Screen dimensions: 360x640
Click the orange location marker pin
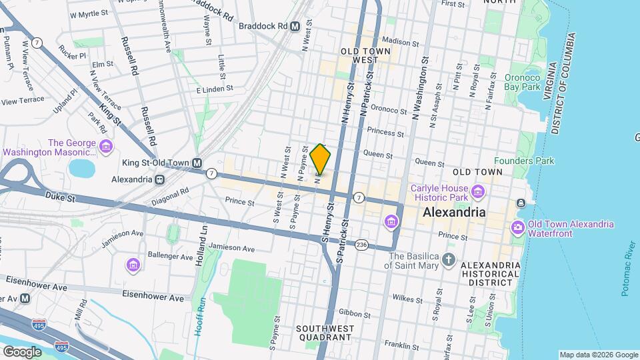pos(321,159)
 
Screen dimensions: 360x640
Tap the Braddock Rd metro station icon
pos(295,26)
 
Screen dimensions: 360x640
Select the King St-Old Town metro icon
pos(197,163)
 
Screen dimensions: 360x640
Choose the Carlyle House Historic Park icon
pos(477,193)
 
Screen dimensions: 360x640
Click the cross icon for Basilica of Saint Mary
pos(449,260)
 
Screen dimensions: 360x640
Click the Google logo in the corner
pos(22,351)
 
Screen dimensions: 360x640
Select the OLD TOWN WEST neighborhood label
pos(359,55)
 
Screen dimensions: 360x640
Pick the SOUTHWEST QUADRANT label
pos(323,333)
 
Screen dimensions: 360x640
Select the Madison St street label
pos(401,42)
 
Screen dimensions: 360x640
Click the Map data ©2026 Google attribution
pos(598,354)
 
